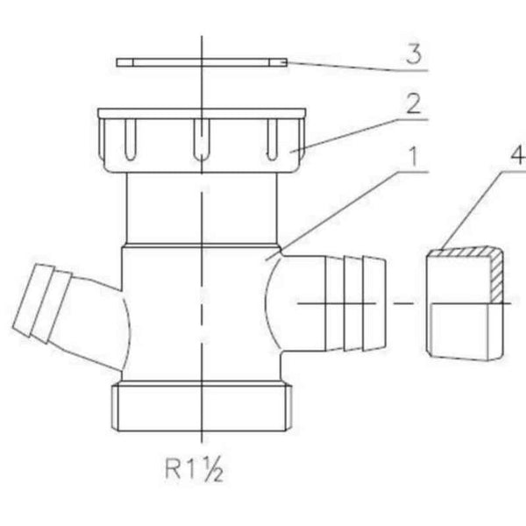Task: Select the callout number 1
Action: click(x=415, y=156)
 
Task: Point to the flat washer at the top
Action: click(x=202, y=62)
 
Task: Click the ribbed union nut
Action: click(x=202, y=140)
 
